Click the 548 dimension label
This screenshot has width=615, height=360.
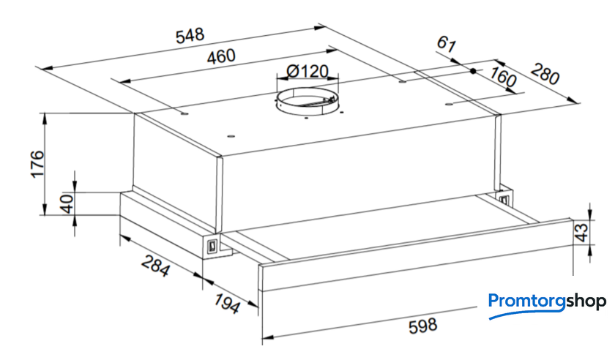point(190,35)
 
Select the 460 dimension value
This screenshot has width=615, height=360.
point(221,56)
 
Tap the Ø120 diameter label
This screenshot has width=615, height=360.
point(307,72)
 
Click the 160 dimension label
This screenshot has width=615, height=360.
point(502,77)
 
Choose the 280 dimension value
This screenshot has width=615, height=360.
point(545,73)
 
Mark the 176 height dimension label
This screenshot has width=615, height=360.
point(38,164)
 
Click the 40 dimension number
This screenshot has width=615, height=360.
point(67,203)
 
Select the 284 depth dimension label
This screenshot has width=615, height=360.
point(156,266)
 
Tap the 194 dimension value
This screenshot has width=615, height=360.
point(227,303)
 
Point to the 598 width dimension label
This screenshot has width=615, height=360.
point(422,326)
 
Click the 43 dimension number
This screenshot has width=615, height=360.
point(581,232)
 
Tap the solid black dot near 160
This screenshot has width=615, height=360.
point(473,71)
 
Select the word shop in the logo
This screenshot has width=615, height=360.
point(586,301)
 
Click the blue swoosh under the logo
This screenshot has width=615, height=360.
point(526,314)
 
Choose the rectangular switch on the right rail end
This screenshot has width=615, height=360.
point(504,198)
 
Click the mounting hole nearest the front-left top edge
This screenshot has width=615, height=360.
point(231,137)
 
